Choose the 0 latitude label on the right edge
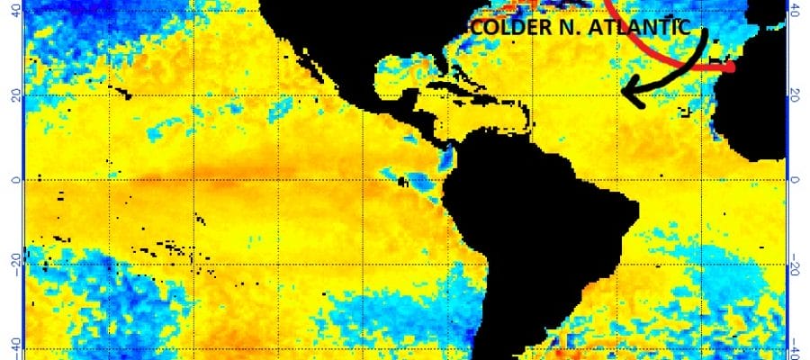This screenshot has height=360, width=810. (796, 179)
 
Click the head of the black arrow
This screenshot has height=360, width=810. (627, 90)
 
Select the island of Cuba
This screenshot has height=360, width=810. (450, 88)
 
